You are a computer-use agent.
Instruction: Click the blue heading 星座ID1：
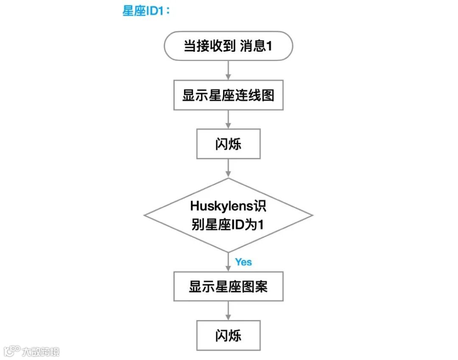[x=146, y=11]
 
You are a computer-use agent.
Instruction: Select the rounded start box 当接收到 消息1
[x=228, y=45]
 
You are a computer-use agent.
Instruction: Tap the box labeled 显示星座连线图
[x=228, y=95]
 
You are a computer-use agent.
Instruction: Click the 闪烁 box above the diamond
[x=228, y=144]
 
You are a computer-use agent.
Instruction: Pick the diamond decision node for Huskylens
[x=228, y=215]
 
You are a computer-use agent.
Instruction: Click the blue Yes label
[x=243, y=262]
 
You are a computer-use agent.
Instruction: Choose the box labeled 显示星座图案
[x=228, y=287]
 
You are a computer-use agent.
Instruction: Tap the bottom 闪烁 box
[x=228, y=336]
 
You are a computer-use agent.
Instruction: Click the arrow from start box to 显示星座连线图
[x=228, y=70]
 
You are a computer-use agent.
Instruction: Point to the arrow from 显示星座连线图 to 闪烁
[x=228, y=120]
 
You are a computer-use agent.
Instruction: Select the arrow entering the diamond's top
[x=228, y=168]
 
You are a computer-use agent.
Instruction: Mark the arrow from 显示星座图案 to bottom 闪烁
[x=228, y=311]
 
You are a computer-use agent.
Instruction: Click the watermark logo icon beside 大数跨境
[x=12, y=351]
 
